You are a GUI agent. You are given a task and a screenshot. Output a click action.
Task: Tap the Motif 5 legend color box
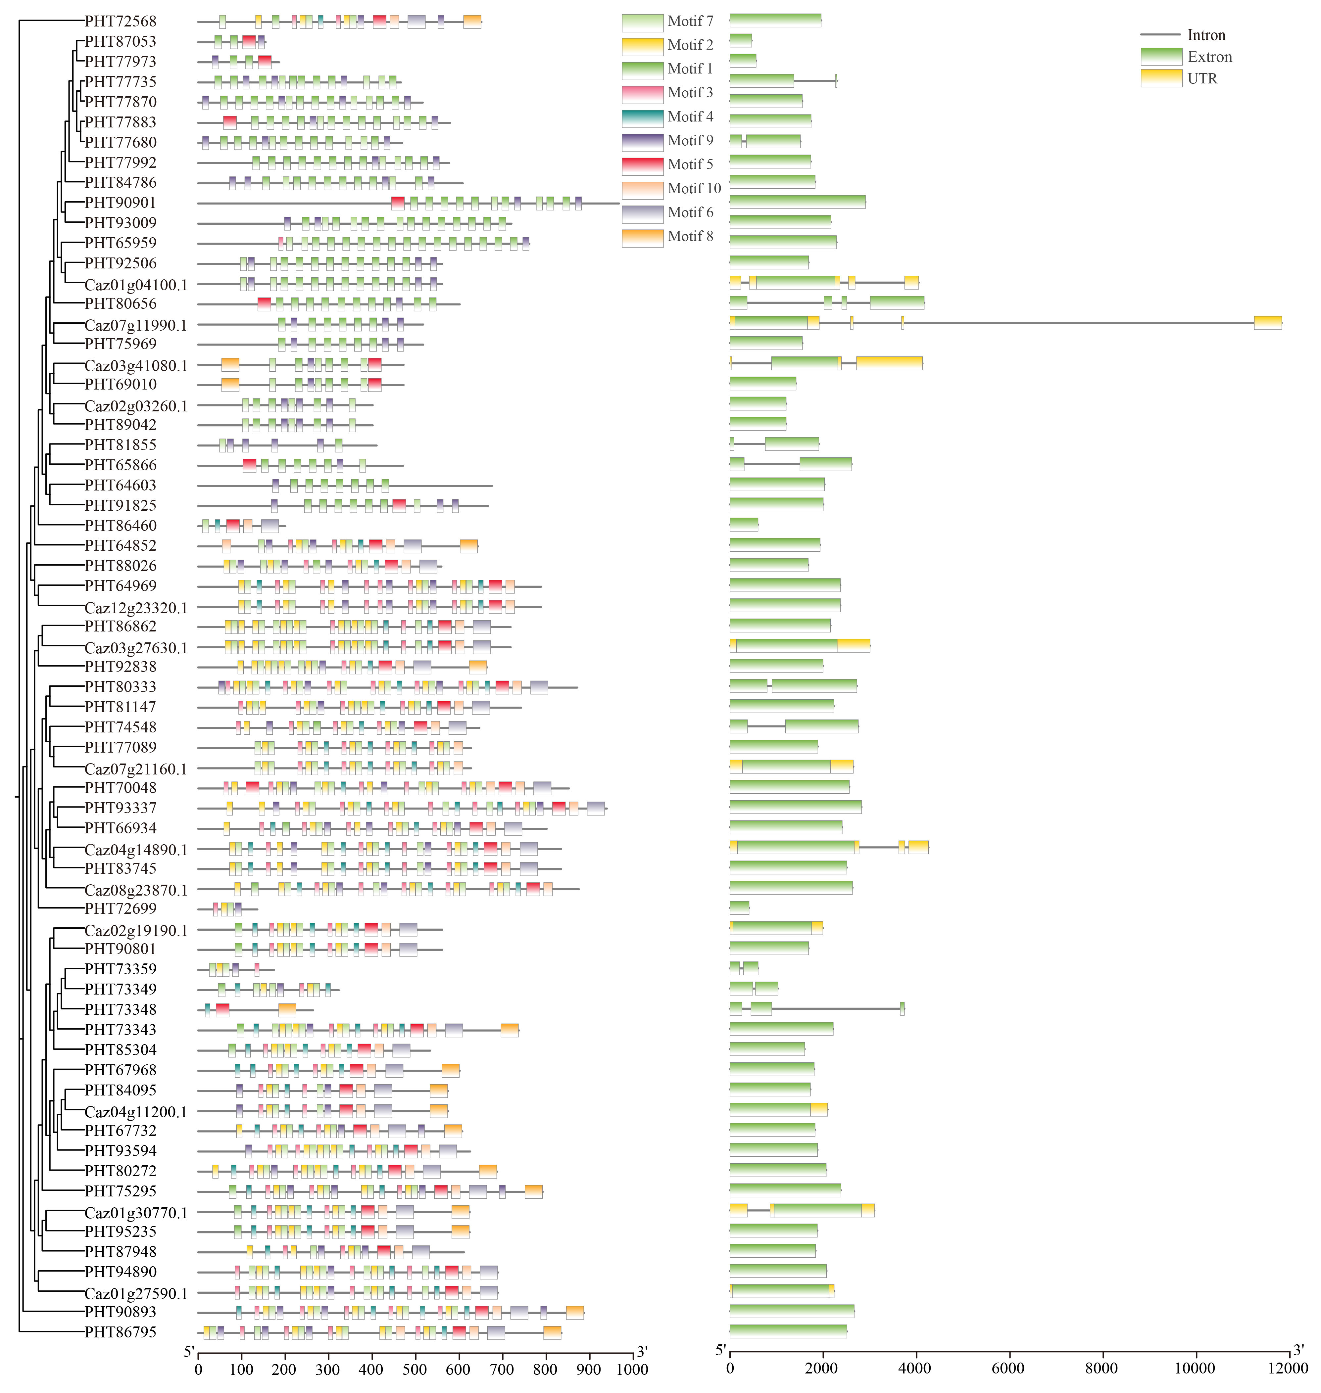tap(642, 165)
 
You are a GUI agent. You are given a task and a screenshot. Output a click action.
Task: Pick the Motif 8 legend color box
tap(642, 237)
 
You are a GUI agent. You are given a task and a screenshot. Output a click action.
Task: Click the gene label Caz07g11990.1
tap(136, 324)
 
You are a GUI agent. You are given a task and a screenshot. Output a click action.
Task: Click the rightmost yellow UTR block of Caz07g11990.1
tap(1267, 322)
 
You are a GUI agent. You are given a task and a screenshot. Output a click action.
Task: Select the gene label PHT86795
tap(121, 1332)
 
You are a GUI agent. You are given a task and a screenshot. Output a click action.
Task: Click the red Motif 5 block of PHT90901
tap(398, 203)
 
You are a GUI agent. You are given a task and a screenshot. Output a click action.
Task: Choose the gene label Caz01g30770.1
tap(136, 1212)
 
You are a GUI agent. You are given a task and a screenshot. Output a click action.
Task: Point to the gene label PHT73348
tap(121, 1009)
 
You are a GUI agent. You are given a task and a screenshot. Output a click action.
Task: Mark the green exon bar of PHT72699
tap(739, 908)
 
